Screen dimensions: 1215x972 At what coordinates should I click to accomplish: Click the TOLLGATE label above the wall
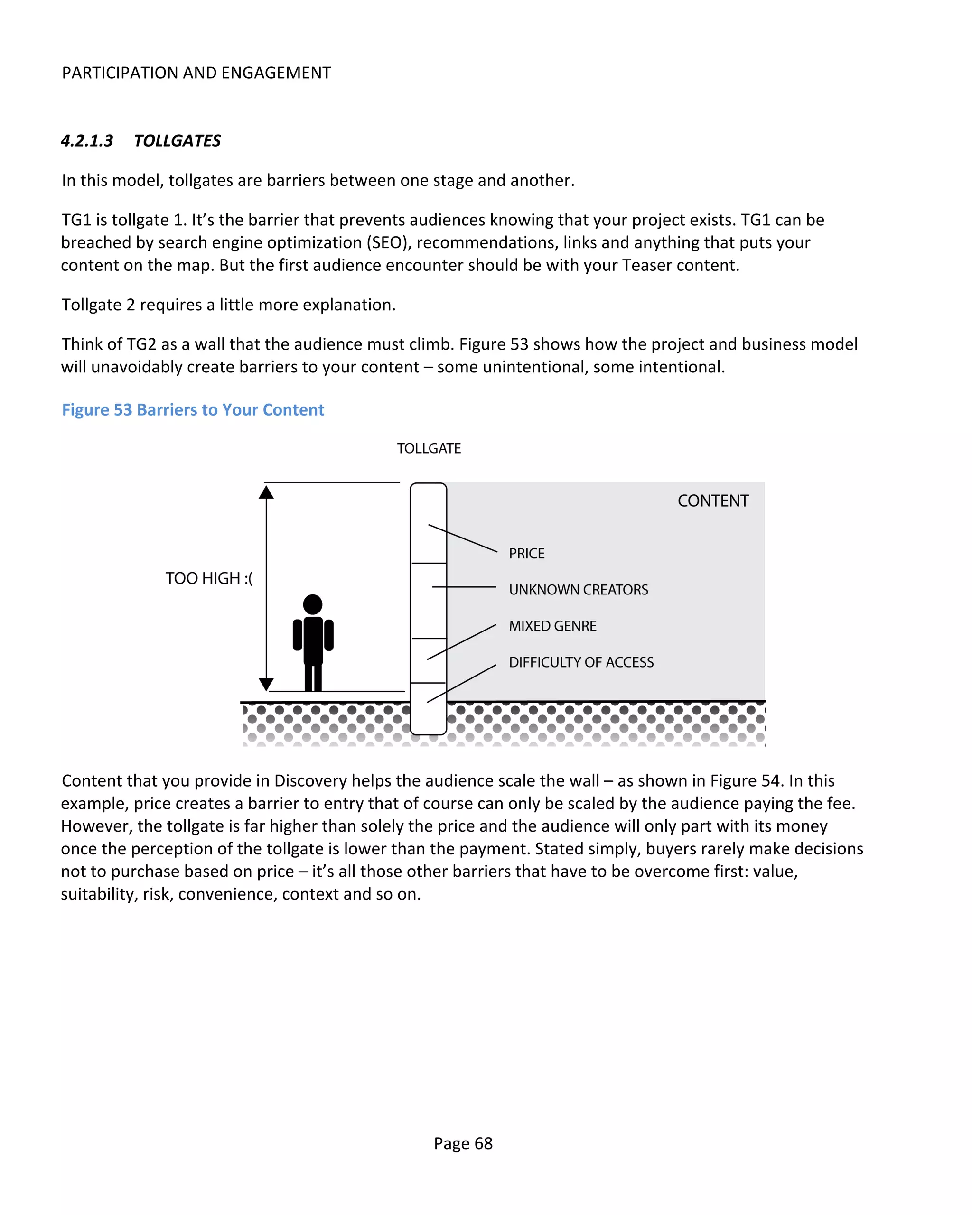pos(429,449)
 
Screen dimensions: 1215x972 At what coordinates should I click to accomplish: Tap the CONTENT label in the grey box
pos(713,501)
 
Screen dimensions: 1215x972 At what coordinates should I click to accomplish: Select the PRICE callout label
pos(527,553)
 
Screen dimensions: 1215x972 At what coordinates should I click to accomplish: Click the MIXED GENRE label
pos(552,626)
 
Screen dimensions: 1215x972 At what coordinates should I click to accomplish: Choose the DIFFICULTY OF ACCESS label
pos(581,662)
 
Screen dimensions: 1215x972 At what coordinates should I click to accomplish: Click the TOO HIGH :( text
pos(209,578)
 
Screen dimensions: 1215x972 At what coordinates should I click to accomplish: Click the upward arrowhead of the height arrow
pos(266,492)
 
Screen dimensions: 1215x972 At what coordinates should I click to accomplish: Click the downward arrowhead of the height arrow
pos(266,684)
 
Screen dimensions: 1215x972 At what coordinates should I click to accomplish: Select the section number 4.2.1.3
pos(87,141)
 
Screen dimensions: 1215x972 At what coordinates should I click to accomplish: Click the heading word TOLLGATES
pos(177,141)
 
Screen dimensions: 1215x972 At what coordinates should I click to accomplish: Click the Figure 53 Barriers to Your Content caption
pos(193,410)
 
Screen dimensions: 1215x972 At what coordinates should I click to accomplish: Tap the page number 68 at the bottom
pos(483,1143)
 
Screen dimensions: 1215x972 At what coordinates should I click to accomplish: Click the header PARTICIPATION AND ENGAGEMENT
pos(196,73)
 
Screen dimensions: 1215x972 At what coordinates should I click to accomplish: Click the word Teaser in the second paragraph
pos(647,265)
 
